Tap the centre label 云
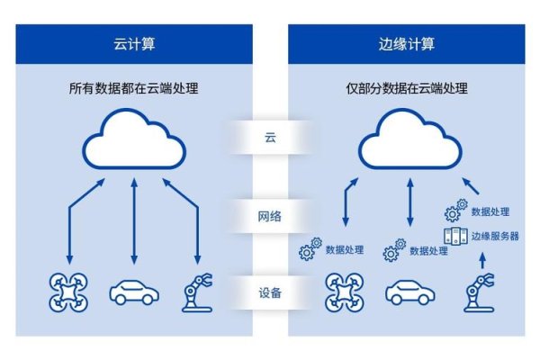point(270,138)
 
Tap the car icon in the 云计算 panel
point(134,294)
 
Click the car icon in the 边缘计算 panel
point(410,294)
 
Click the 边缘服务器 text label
point(493,235)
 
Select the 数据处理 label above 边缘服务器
point(490,211)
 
